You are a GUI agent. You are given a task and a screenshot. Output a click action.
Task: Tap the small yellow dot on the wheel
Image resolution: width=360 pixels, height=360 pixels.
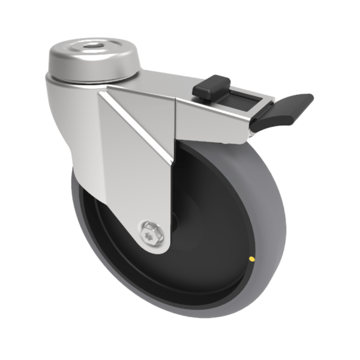tap(251, 259)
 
